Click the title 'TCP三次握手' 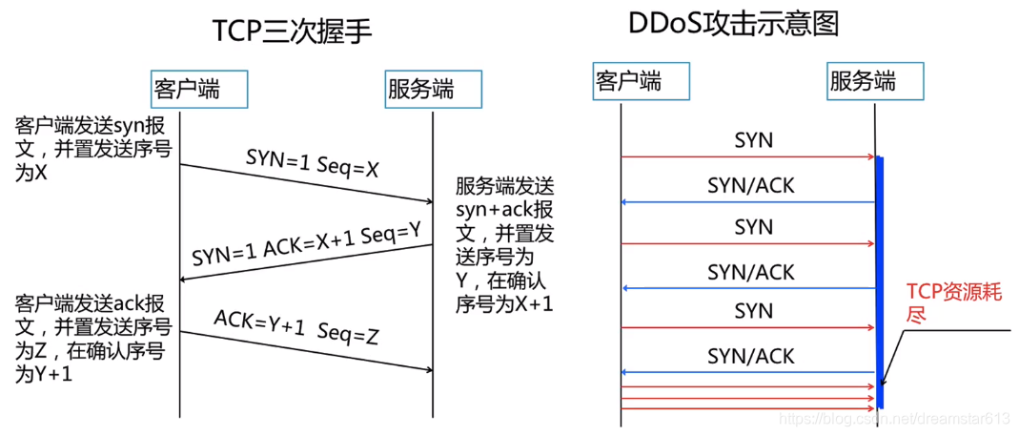[x=291, y=30]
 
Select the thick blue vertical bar [x=879, y=281]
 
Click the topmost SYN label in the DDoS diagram [x=753, y=141]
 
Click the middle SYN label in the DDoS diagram [x=753, y=227]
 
